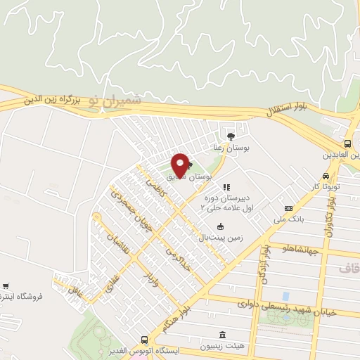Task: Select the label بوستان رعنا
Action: [x=232, y=148]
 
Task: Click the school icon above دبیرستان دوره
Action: [x=226, y=188]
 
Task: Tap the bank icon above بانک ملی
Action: [x=288, y=209]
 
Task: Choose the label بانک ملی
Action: [x=290, y=219]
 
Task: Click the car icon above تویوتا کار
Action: [x=326, y=176]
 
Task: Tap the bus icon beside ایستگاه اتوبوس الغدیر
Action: [x=144, y=339]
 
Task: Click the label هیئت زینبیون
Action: [x=223, y=347]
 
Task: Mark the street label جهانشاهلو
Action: [x=300, y=250]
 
